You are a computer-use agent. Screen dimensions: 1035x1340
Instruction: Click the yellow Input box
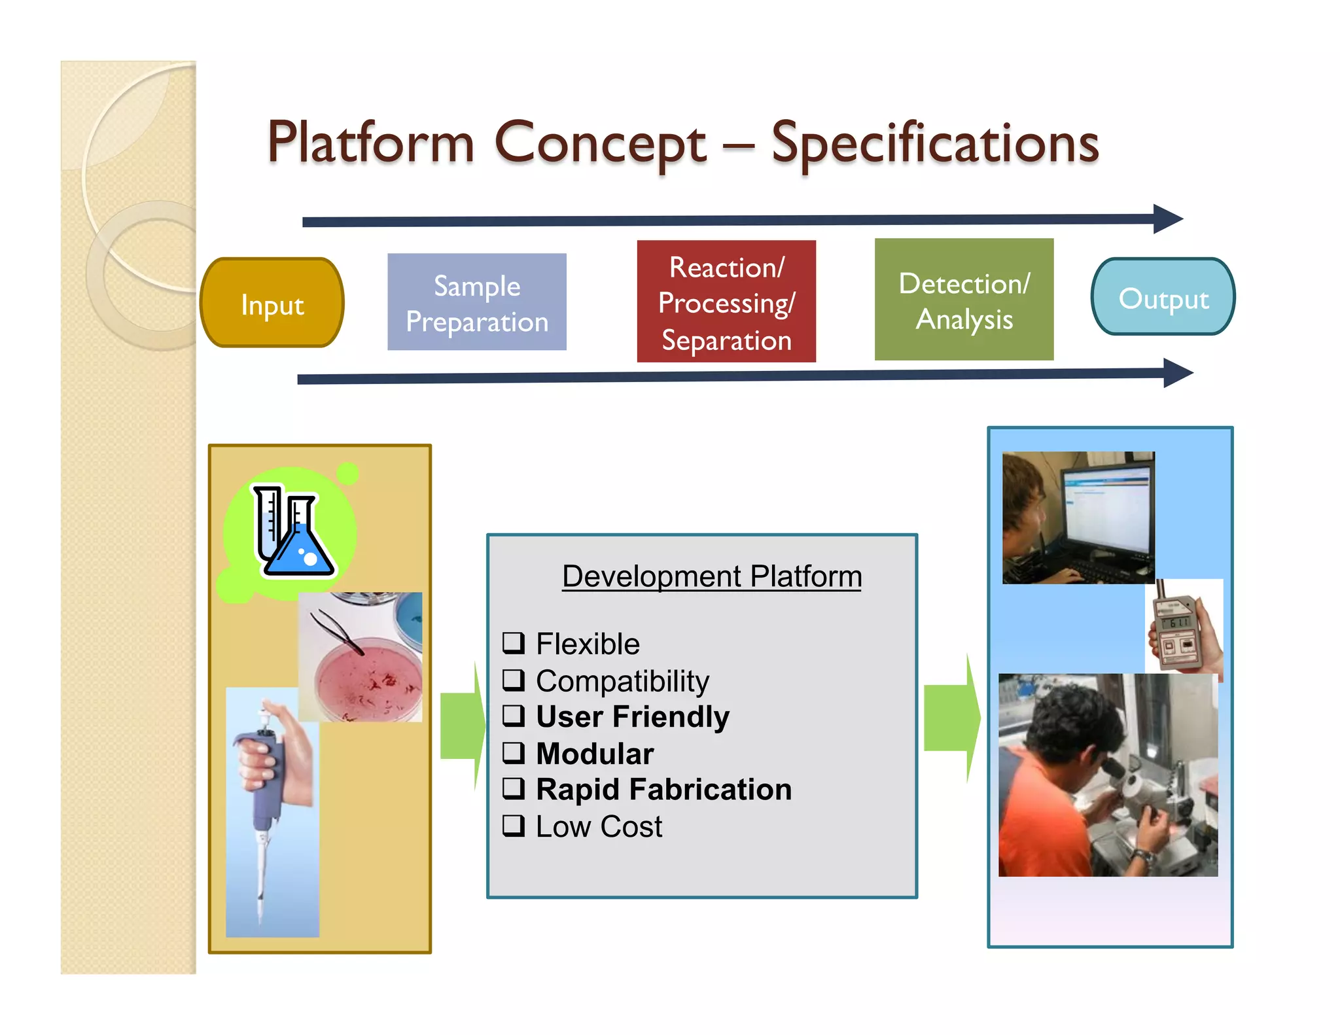click(272, 303)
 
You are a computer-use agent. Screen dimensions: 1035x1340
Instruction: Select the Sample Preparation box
click(476, 302)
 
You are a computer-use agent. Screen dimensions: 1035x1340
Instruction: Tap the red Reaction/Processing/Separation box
click(726, 302)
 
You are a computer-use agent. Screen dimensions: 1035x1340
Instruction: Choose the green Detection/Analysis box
click(964, 300)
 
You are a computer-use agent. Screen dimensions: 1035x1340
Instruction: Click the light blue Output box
click(1163, 297)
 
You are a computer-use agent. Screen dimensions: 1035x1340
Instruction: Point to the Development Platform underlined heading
click(711, 576)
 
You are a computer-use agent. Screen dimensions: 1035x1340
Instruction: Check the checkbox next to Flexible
click(514, 643)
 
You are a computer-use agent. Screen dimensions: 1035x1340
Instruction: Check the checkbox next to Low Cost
click(514, 826)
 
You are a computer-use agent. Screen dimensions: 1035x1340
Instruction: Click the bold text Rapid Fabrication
click(663, 789)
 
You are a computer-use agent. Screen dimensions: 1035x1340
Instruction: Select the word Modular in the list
click(595, 753)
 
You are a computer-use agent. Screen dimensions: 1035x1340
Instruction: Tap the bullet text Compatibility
click(622, 680)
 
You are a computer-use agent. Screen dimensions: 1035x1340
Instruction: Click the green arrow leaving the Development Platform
click(952, 718)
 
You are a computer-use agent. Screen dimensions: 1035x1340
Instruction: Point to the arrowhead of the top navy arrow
click(1167, 219)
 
